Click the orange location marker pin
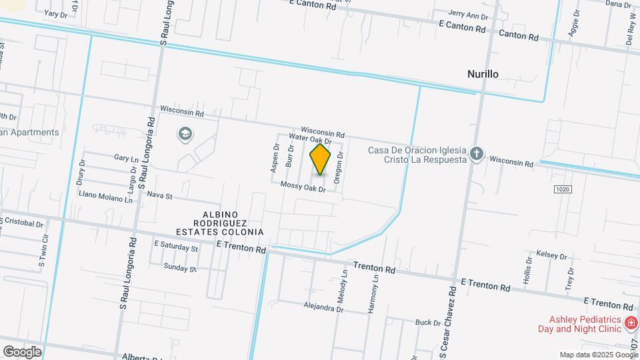(321, 160)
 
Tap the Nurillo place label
(483, 74)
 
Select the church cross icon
(476, 155)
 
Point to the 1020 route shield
(563, 189)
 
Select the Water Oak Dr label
(310, 139)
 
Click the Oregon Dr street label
(339, 167)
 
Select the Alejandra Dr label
(323, 309)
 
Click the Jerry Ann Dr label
(469, 15)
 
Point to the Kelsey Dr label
(551, 256)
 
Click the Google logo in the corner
(22, 351)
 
